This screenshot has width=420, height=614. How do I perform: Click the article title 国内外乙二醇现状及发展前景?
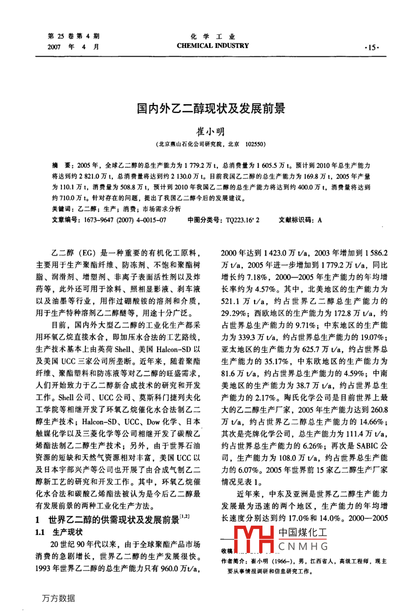[x=210, y=109]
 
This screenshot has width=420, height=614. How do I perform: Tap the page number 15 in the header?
[x=372, y=47]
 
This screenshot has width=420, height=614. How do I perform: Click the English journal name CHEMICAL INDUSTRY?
[x=213, y=46]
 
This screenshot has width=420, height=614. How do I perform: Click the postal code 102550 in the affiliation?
[x=255, y=145]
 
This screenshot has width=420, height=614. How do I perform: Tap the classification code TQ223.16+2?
[x=242, y=220]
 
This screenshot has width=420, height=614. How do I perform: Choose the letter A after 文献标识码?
[x=320, y=220]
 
